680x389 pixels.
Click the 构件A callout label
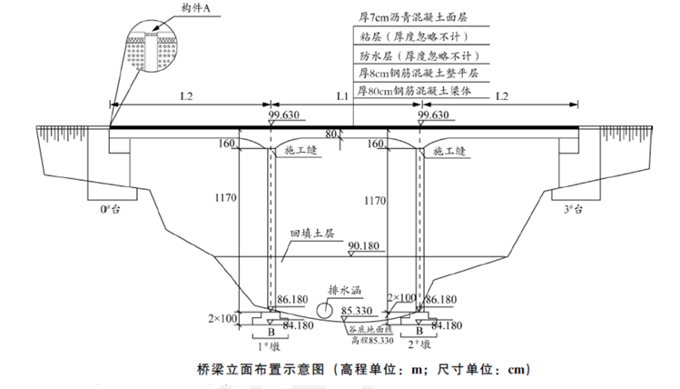(x=195, y=8)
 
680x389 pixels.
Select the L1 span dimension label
(x=342, y=96)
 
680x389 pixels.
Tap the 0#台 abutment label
(x=111, y=209)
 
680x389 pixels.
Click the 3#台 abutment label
(x=573, y=209)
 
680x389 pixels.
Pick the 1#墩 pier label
(x=269, y=346)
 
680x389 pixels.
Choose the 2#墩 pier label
(x=419, y=344)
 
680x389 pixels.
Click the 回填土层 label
(x=312, y=234)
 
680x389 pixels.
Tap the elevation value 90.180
(x=363, y=246)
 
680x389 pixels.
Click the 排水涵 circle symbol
(x=324, y=310)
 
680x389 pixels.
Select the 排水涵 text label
(x=345, y=290)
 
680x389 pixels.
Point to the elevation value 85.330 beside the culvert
(x=357, y=311)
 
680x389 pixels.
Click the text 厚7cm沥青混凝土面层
(x=412, y=17)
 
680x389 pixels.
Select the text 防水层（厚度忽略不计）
(x=419, y=56)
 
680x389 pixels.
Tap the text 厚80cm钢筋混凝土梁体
(x=414, y=91)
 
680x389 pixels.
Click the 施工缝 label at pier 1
(x=301, y=150)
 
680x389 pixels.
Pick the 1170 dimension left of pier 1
(x=225, y=198)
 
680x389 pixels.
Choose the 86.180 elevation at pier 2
(x=441, y=300)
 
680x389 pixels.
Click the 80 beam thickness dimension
(x=330, y=134)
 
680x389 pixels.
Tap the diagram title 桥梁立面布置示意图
(x=261, y=370)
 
